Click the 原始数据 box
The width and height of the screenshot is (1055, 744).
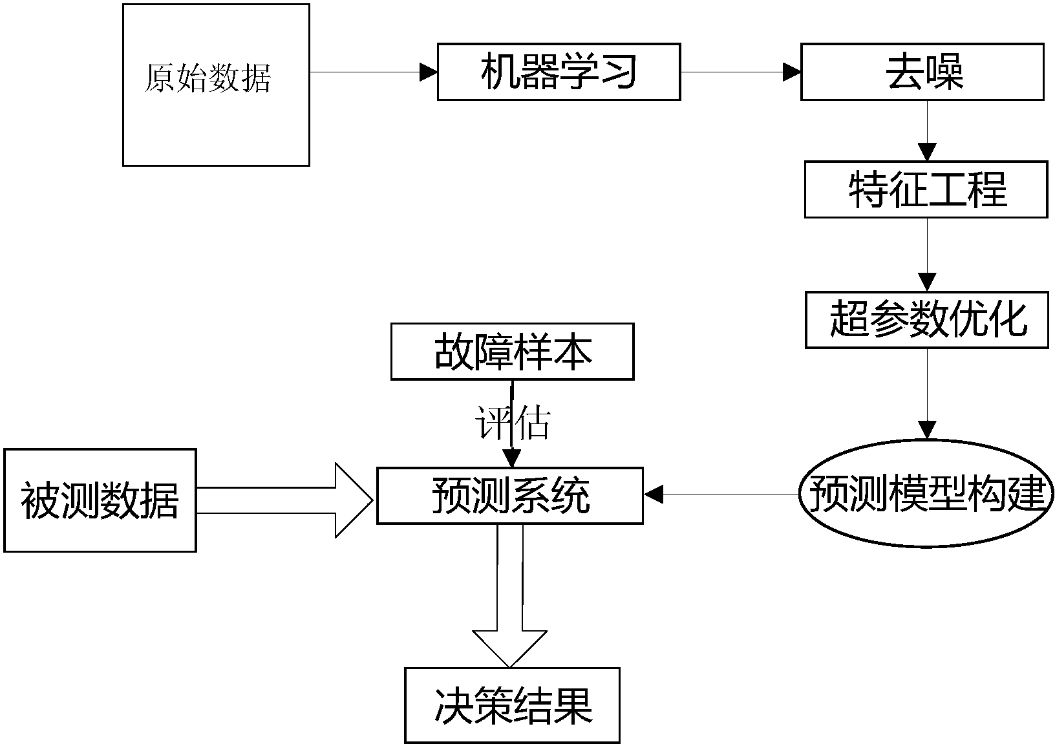coord(216,85)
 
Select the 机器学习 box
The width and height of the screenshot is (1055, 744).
coord(559,72)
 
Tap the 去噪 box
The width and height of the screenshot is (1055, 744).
coord(922,72)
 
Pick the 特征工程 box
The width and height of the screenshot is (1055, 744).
coord(926,189)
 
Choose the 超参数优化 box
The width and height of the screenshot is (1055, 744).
coord(926,320)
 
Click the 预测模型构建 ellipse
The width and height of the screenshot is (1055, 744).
coord(926,494)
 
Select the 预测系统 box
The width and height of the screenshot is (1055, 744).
coord(509,496)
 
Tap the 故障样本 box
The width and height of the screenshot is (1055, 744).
coord(512,352)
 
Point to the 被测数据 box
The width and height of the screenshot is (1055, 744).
coord(100,500)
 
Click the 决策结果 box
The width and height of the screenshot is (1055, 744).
coord(512,705)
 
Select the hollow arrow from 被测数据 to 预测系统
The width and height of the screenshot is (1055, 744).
coord(284,500)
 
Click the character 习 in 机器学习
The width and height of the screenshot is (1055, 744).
coord(618,72)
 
